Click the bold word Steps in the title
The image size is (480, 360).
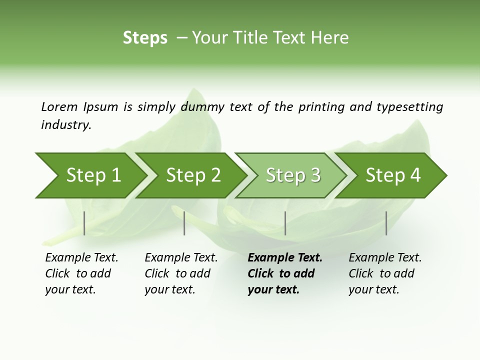pyautogui.click(x=145, y=38)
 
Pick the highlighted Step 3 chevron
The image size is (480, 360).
pyautogui.click(x=293, y=175)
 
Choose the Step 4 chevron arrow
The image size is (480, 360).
pyautogui.click(x=393, y=175)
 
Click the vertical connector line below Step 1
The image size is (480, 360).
pyautogui.click(x=84, y=223)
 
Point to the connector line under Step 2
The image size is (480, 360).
pyautogui.click(x=184, y=223)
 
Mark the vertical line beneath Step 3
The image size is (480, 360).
pyautogui.click(x=285, y=223)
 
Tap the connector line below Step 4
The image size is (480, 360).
pyautogui.click(x=386, y=223)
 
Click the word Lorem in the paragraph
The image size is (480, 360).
pyautogui.click(x=59, y=107)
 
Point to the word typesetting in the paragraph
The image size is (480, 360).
pyautogui.click(x=409, y=107)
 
